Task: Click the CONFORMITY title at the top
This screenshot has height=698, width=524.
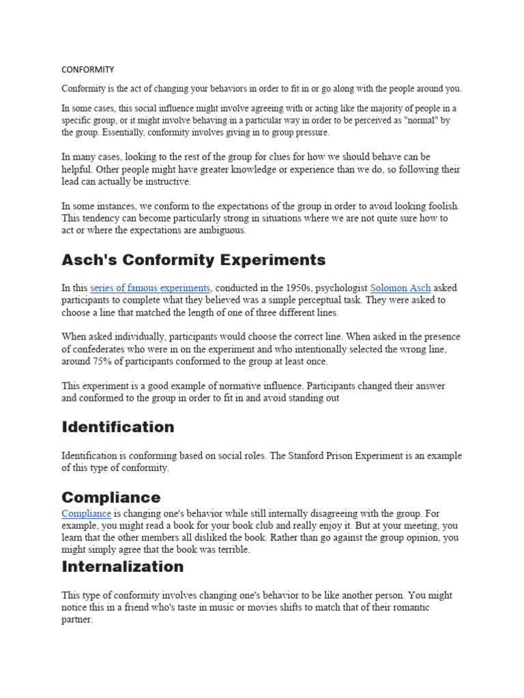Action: (x=87, y=70)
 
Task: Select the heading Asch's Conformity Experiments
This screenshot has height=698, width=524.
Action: (x=194, y=260)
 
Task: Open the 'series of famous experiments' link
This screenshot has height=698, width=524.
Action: (x=151, y=288)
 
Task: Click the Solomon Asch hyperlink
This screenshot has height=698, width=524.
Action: (x=401, y=288)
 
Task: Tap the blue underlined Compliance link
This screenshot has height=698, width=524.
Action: (x=86, y=514)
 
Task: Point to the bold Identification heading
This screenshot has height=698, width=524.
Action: (x=118, y=427)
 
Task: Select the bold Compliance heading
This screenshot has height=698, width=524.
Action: (x=111, y=498)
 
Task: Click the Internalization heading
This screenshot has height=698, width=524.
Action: (x=123, y=567)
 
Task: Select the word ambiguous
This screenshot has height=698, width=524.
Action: (x=222, y=230)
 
